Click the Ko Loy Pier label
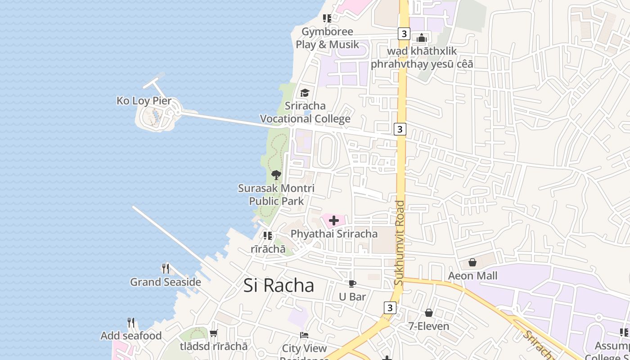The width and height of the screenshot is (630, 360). coord(144,101)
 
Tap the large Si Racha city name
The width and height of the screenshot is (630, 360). coord(279,285)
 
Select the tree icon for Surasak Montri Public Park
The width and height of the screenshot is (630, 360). coord(276,175)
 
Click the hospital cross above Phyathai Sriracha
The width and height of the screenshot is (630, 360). coord(334,220)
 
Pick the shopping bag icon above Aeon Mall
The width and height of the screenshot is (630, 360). coord(472,262)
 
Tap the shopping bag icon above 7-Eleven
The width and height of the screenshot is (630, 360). coord(429,312)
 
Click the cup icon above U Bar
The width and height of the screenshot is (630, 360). coord(352,283)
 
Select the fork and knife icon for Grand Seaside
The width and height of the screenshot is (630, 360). coord(166,269)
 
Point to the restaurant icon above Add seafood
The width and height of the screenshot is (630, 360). coord(131,323)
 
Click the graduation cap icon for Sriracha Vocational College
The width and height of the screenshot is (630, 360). coord(305,93)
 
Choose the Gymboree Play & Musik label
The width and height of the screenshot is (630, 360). coord(327,38)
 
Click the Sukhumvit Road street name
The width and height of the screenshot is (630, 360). coord(399,243)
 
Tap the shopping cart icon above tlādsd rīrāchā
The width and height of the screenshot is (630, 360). coord(214,333)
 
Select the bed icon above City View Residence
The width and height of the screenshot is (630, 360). coord(305,335)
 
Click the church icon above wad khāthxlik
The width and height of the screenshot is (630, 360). coord(422,38)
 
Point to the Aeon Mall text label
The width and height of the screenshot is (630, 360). coord(472,275)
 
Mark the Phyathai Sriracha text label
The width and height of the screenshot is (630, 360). coord(334,234)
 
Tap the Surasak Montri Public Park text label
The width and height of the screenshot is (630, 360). coord(276,194)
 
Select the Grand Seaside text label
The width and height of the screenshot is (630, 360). coord(166,282)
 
